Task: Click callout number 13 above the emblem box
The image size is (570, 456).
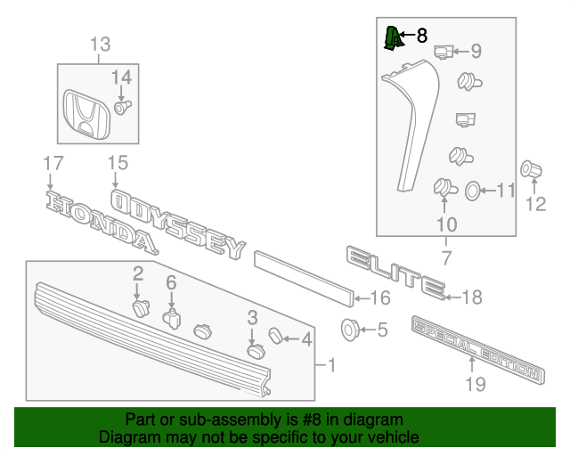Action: (101, 44)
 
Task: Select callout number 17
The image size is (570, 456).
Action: (53, 163)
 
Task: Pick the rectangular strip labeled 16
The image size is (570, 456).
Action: (303, 276)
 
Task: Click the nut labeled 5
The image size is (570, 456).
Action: (350, 330)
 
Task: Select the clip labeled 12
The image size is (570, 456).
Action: (533, 168)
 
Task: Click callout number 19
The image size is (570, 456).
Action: (475, 384)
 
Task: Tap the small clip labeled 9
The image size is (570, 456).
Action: (444, 53)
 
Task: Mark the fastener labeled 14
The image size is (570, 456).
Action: (122, 107)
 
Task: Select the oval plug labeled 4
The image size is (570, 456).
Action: (276, 336)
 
